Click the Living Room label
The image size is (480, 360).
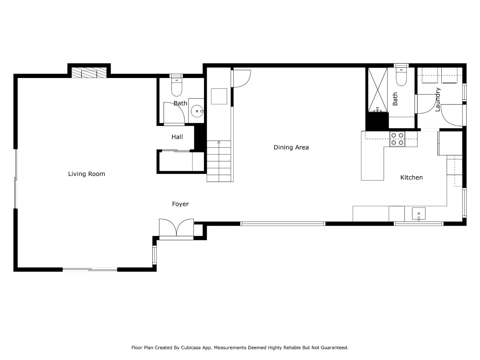tap(86, 174)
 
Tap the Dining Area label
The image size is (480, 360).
tap(291, 147)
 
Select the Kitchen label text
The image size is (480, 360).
tap(411, 177)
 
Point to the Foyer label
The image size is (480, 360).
tap(180, 204)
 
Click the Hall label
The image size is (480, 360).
tap(177, 137)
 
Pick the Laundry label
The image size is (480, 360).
tap(438, 99)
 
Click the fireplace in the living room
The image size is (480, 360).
tap(89, 73)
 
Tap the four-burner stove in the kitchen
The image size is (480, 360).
tap(397, 139)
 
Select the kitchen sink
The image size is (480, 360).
tap(419, 214)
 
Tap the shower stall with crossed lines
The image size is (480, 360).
tap(378, 89)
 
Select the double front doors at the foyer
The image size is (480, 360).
tap(176, 228)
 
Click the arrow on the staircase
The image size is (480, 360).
tap(219, 142)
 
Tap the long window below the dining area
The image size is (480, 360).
tap(283, 224)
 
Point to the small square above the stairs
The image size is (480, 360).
tap(219, 96)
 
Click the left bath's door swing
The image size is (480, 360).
tap(174, 113)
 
